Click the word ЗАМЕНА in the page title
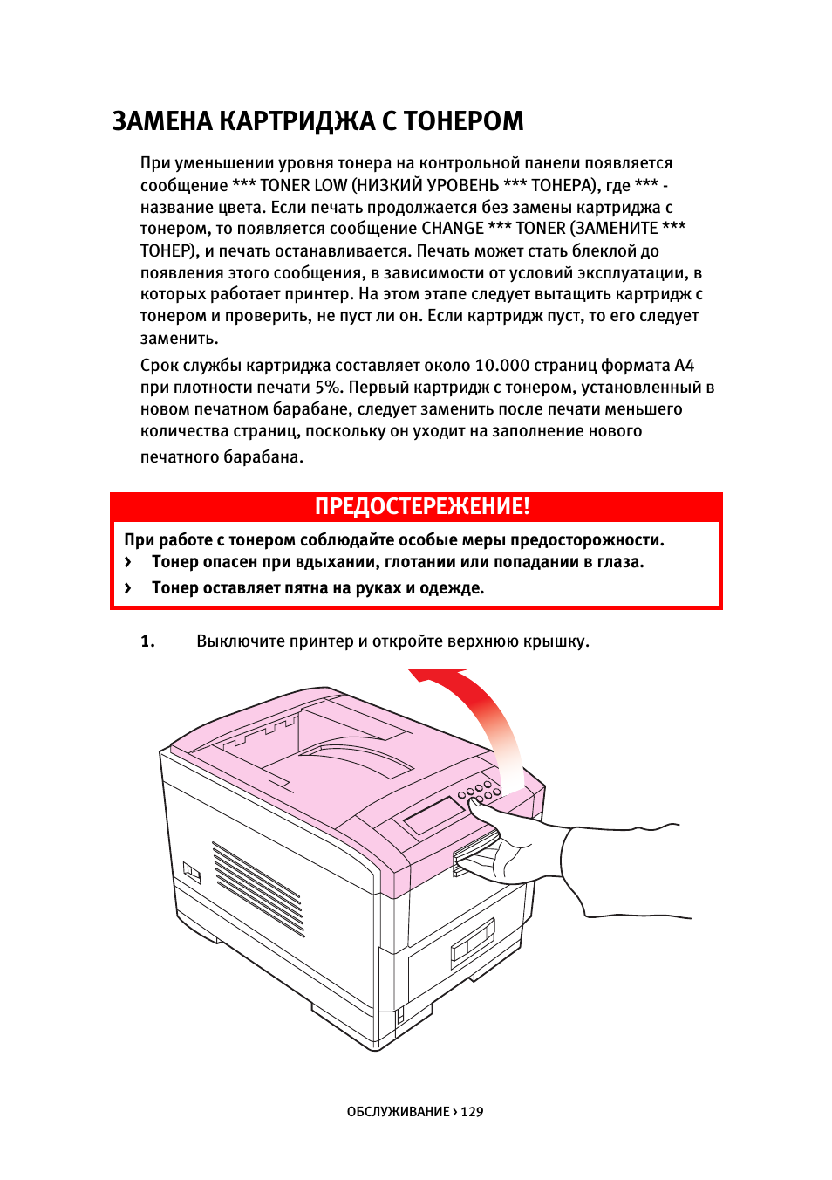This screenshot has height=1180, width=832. point(162,121)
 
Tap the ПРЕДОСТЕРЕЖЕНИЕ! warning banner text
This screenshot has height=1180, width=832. point(422,507)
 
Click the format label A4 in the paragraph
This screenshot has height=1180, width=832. point(684,366)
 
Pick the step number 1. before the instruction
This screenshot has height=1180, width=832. point(147,641)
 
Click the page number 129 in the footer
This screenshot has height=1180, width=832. point(472,1112)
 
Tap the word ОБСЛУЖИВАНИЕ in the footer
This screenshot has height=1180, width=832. point(398,1112)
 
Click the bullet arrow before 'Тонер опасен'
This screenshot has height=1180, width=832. point(128,563)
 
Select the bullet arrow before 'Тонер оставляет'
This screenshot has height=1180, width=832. point(128,588)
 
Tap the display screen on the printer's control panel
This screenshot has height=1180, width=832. point(433,815)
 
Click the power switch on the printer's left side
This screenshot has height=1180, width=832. point(191,872)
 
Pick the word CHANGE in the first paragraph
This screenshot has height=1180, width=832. point(452,229)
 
